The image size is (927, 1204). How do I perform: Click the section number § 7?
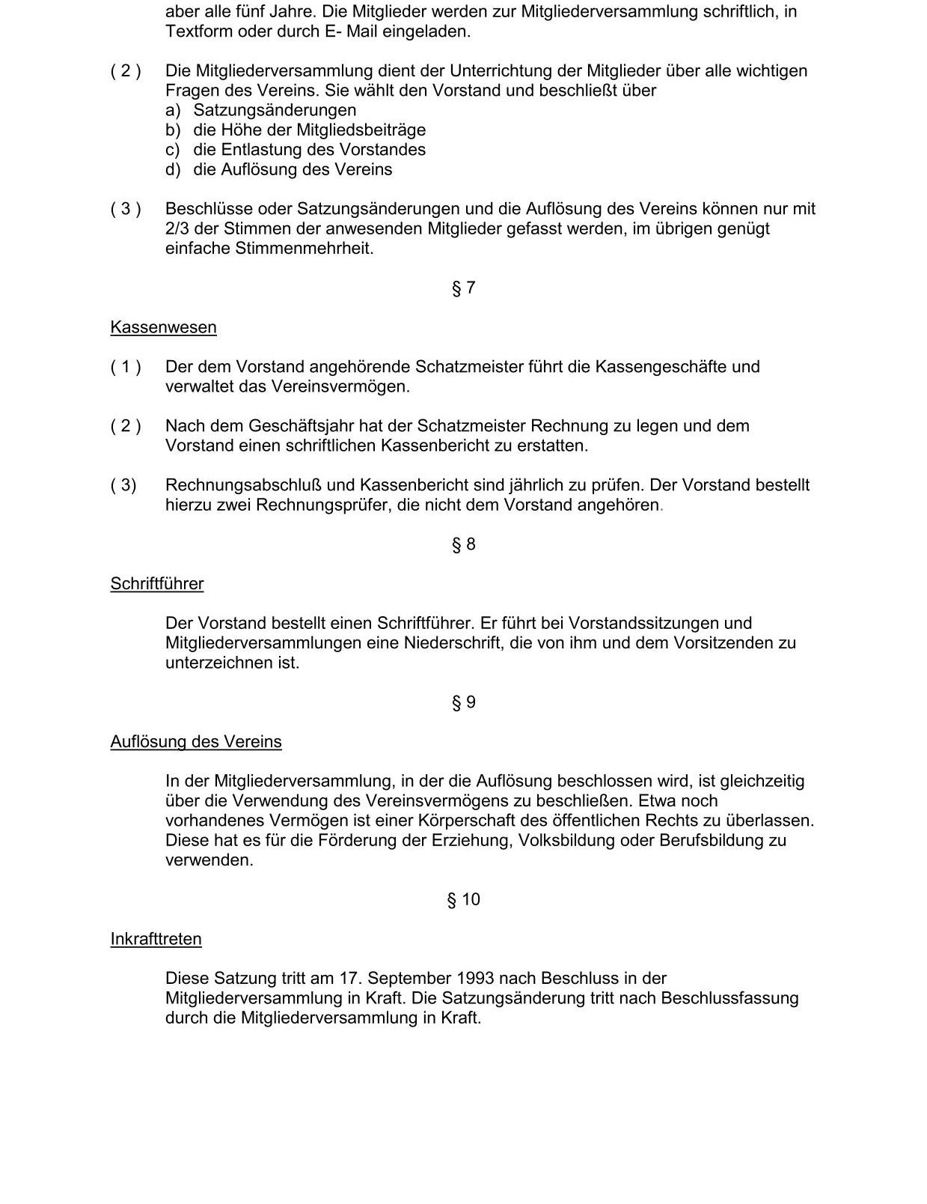click(x=463, y=288)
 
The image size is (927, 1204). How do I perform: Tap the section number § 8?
click(x=463, y=544)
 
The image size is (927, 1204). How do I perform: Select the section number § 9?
click(x=463, y=702)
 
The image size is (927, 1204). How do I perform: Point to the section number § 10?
click(x=463, y=899)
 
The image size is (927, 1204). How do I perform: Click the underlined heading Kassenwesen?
click(x=163, y=327)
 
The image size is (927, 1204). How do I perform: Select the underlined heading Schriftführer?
click(x=156, y=584)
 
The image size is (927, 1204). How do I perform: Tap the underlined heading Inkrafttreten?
click(x=156, y=939)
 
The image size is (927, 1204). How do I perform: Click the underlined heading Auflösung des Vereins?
click(x=196, y=742)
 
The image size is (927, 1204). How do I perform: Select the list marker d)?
click(x=173, y=169)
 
